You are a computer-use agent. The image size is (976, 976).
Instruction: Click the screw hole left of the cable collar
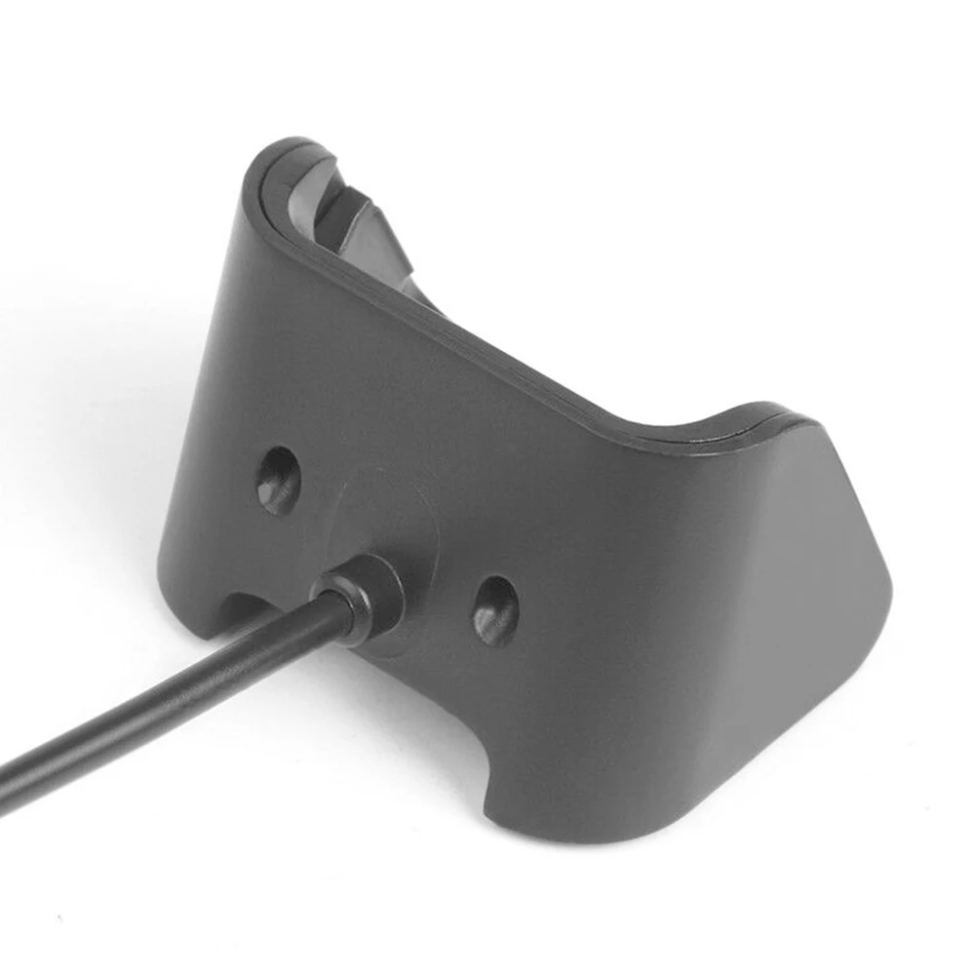click(x=279, y=480)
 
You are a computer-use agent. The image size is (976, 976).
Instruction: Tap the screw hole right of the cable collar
click(x=496, y=610)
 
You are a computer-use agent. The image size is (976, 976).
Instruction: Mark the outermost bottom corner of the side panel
click(x=882, y=624)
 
